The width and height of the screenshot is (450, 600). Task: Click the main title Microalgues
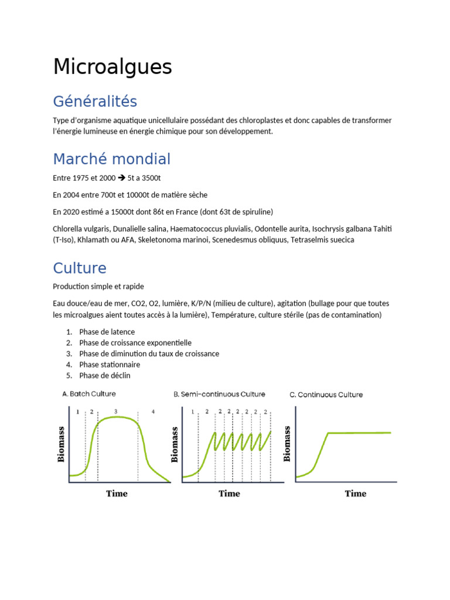point(112,67)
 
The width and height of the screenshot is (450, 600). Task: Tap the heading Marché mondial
point(111,159)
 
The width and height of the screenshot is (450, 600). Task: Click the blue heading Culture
point(80,268)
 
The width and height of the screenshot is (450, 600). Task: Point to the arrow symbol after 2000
point(121,178)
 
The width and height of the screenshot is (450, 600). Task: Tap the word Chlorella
point(68,229)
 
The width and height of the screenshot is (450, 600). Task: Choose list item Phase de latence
point(107,332)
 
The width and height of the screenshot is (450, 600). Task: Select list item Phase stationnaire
point(110,364)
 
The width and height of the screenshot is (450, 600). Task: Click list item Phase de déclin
point(105,376)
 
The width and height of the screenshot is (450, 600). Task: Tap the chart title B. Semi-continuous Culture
point(219,394)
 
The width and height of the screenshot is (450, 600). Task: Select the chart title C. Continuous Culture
point(326,394)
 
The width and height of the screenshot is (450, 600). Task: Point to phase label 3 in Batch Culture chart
point(116,411)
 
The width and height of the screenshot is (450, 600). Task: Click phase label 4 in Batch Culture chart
point(153,411)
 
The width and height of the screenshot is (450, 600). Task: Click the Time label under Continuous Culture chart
point(355,493)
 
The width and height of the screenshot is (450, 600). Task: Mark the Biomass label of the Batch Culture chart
point(62,444)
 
